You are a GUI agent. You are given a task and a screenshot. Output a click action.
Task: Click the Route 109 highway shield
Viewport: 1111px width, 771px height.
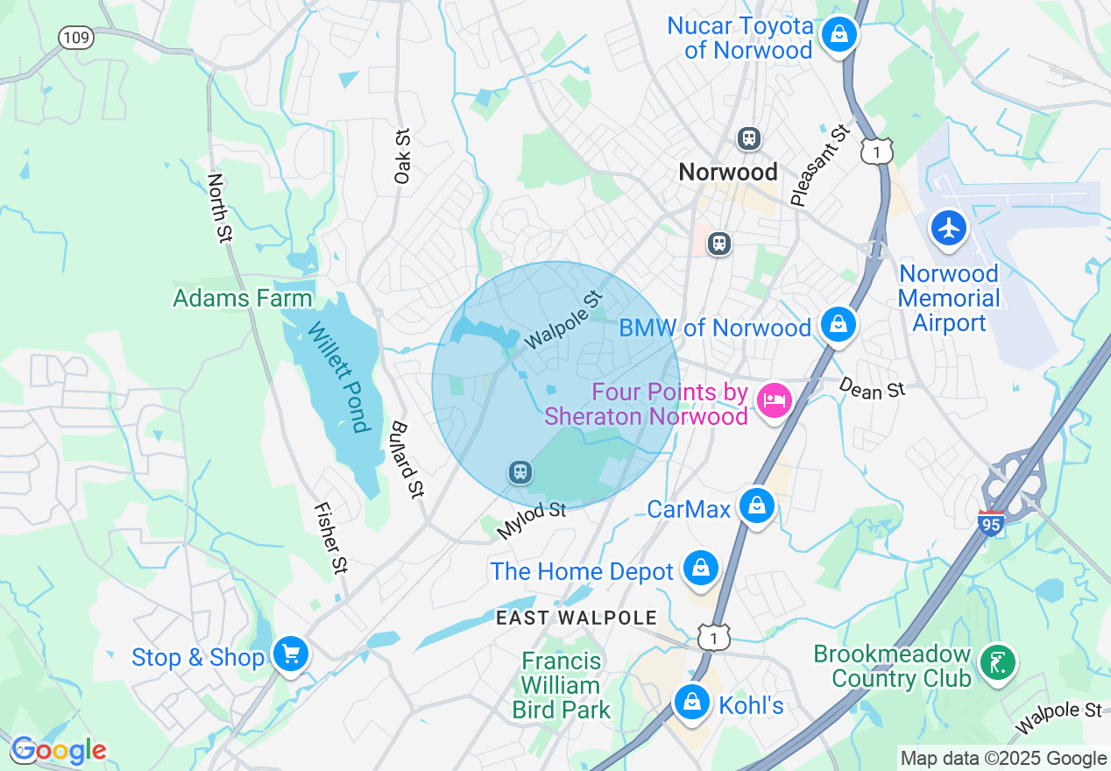[x=76, y=38]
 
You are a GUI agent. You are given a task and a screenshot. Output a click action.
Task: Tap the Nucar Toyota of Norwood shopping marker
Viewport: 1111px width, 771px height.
[x=839, y=35]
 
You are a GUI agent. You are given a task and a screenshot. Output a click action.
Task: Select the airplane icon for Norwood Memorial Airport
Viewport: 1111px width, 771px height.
[x=949, y=228]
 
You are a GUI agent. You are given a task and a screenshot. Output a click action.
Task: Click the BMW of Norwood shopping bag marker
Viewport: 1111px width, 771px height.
[x=839, y=325]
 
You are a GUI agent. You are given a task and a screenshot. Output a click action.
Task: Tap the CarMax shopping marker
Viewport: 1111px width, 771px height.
[x=756, y=506]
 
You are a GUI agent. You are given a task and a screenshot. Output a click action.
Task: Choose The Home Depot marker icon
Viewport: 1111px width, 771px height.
[x=701, y=569]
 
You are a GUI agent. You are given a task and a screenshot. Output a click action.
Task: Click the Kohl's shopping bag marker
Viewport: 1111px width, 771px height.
[x=692, y=702]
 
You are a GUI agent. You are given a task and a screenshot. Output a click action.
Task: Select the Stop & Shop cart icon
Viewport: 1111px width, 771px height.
[x=290, y=654]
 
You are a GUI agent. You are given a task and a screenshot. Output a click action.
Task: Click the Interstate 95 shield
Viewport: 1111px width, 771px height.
[x=991, y=523]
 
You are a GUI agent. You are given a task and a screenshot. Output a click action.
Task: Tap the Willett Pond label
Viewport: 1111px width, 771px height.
[x=336, y=377]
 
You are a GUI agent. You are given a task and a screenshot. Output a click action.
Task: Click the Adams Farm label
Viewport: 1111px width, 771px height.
[x=243, y=299]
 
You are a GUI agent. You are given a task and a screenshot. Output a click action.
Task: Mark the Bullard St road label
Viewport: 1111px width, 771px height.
[x=407, y=459]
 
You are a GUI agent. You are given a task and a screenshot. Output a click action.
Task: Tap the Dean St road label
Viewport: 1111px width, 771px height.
[x=871, y=388]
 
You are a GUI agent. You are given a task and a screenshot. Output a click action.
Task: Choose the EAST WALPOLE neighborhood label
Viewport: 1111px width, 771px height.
[x=576, y=618]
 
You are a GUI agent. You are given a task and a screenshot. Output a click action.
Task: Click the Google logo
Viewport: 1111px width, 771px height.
[x=58, y=751]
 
